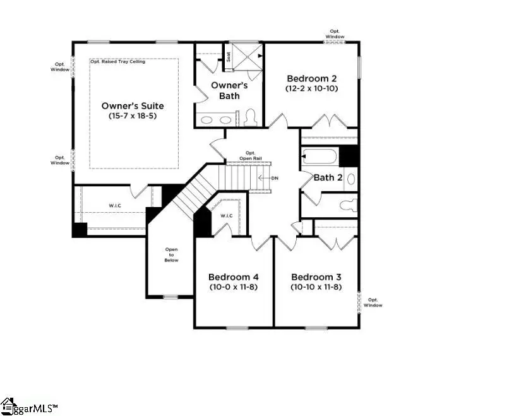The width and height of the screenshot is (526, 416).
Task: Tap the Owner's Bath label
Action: [x=225, y=90]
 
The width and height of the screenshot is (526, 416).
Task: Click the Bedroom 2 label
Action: [x=312, y=78]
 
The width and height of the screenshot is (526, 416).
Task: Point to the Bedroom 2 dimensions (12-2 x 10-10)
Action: [x=312, y=89]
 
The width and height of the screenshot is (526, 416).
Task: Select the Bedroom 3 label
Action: [x=316, y=276]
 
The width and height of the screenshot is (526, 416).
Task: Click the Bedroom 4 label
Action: [x=233, y=276]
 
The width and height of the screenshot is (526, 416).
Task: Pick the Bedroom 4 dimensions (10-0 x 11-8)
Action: [x=233, y=287]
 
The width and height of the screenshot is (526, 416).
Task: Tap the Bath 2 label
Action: [x=328, y=177]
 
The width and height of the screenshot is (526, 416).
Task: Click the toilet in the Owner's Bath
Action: [x=249, y=117]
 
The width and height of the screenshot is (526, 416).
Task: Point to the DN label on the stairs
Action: [x=275, y=177]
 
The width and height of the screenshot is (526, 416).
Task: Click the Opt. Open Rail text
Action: [x=250, y=155]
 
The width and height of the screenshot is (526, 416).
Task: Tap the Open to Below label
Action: [x=172, y=254]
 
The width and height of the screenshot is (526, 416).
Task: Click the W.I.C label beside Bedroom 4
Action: [x=227, y=216]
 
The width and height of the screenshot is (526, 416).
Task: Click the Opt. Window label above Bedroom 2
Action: [x=335, y=33]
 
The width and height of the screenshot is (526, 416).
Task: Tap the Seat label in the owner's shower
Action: [x=229, y=57]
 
